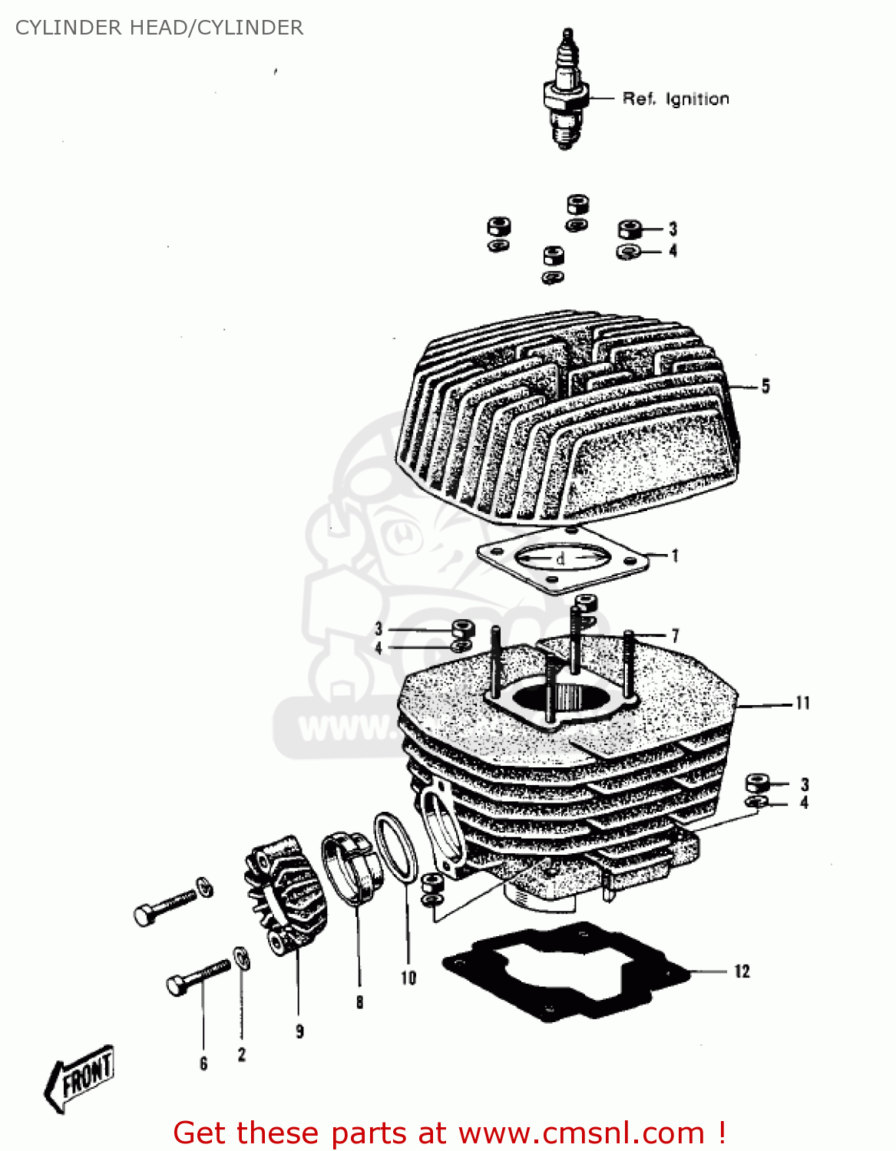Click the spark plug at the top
[x=567, y=92]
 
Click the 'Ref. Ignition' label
[x=675, y=99]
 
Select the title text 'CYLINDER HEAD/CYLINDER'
[x=159, y=28]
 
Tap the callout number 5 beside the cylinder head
[x=765, y=386]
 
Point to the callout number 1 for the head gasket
[x=675, y=555]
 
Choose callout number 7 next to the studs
[x=675, y=635]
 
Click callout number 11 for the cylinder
[x=802, y=703]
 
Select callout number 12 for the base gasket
[x=741, y=971]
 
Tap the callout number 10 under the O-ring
[x=408, y=978]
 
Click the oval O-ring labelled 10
[x=395, y=848]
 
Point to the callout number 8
[x=359, y=1002]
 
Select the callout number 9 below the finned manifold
[x=299, y=1032]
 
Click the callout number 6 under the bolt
[x=203, y=1064]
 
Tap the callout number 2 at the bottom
[x=242, y=1055]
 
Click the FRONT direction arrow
[x=81, y=1077]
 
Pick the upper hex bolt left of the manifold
[x=165, y=905]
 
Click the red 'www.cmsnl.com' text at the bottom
[x=581, y=1133]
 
